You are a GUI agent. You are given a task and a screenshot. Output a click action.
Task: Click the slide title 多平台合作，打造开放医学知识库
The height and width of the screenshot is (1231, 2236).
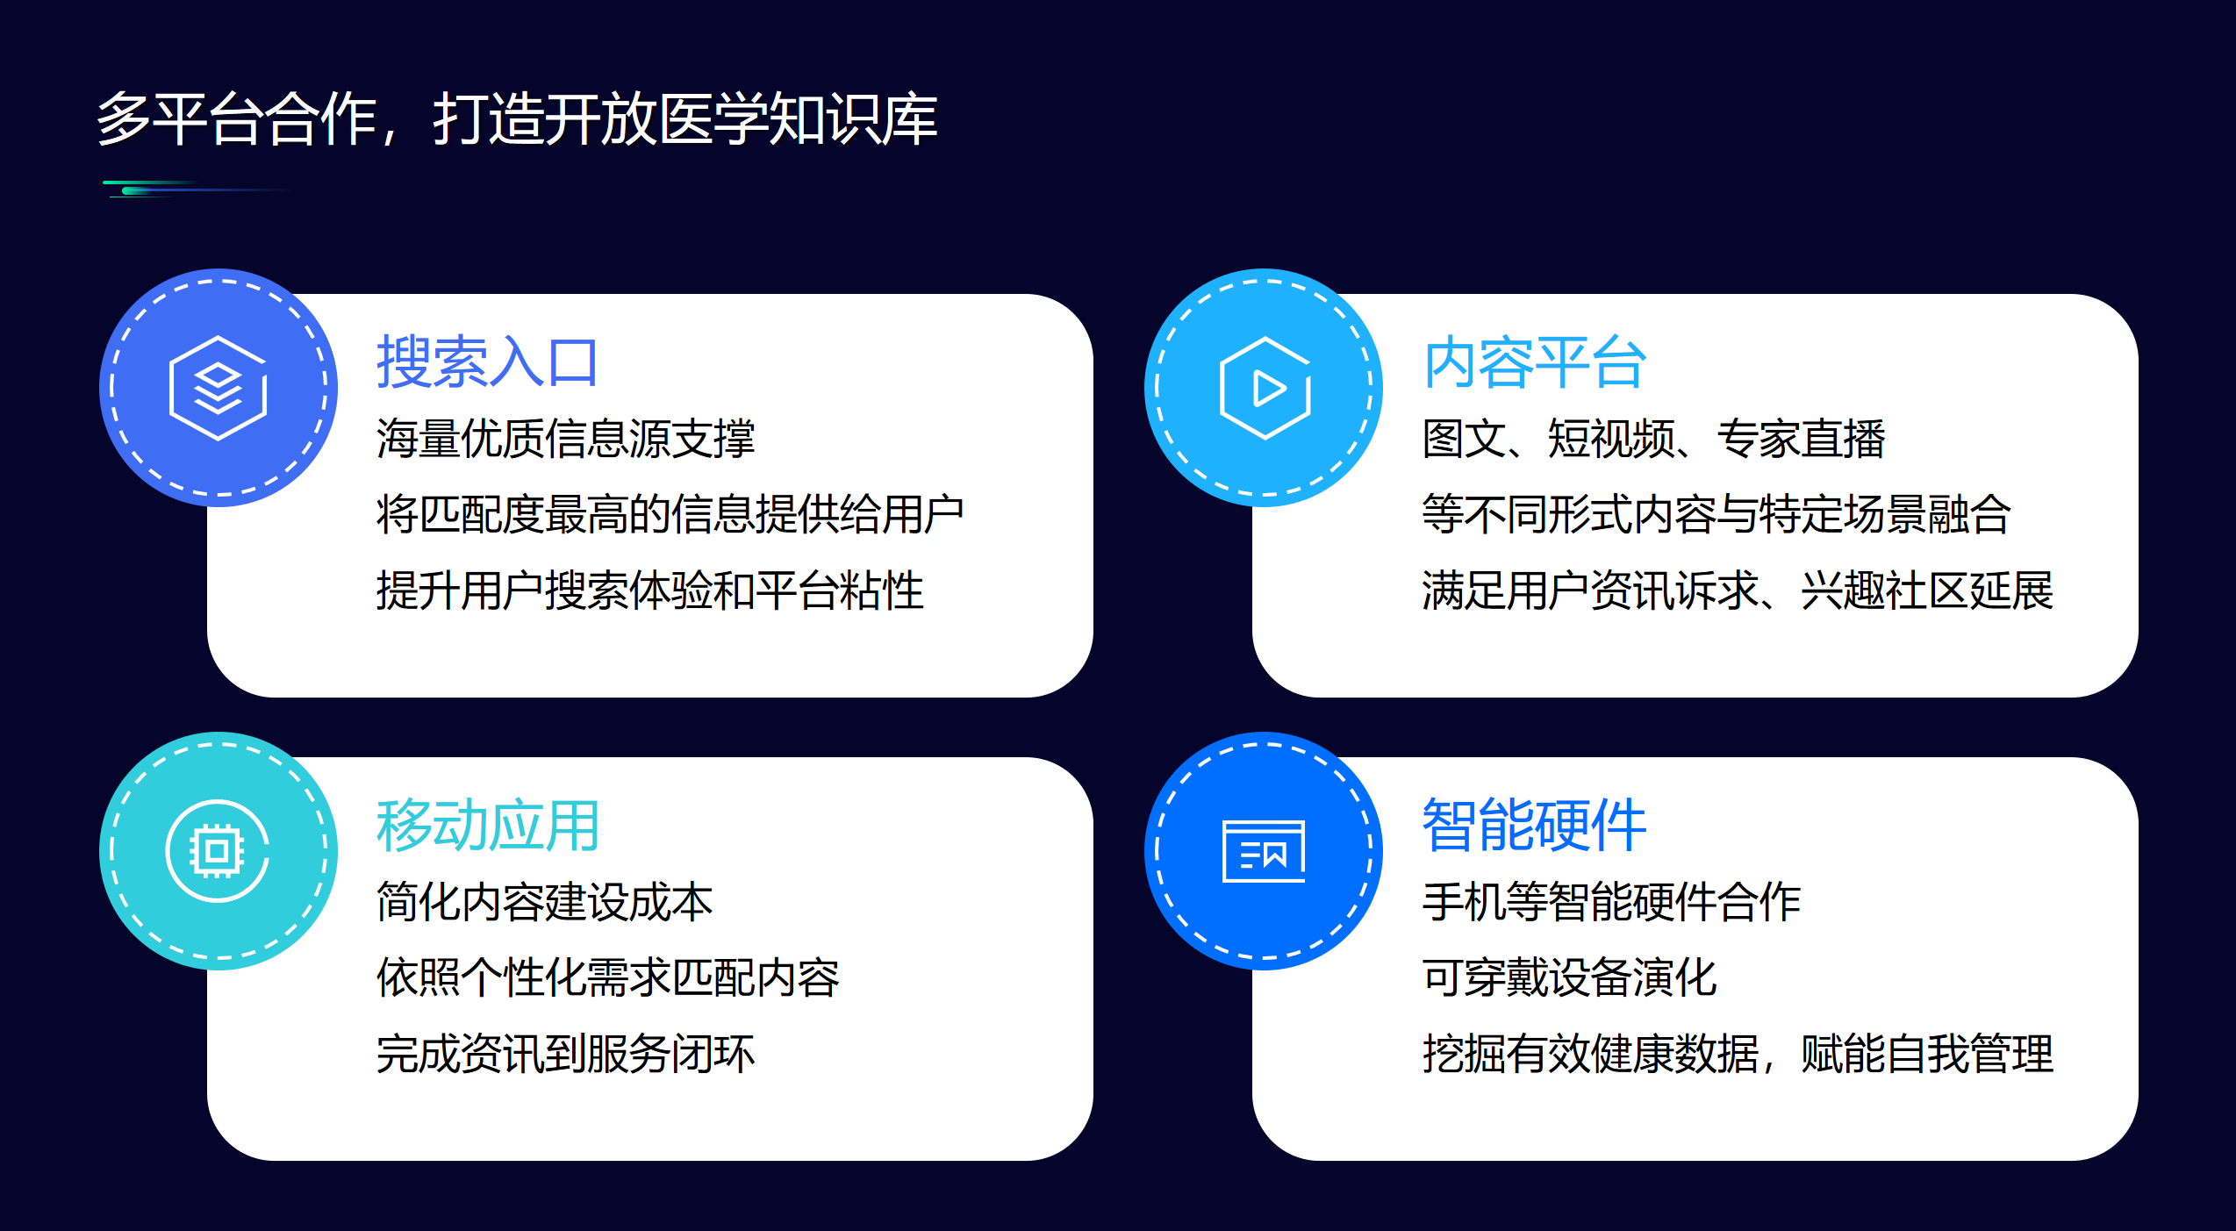tap(517, 118)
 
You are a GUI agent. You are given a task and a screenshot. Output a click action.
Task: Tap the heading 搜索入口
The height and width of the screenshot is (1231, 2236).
tap(487, 361)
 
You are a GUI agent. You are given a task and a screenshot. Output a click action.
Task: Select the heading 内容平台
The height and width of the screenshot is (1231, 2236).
tap(1534, 361)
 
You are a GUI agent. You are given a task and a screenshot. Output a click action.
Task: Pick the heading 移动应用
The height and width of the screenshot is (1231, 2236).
tap(487, 825)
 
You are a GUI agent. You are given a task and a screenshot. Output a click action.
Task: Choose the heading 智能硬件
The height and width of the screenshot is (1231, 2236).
tap(1534, 825)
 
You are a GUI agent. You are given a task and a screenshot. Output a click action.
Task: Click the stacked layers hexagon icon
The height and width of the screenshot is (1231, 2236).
tap(219, 387)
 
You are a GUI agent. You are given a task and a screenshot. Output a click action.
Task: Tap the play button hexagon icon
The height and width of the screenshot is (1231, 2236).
tap(1265, 387)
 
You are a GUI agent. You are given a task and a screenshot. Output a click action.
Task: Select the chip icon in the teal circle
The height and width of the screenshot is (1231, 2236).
tap(218, 850)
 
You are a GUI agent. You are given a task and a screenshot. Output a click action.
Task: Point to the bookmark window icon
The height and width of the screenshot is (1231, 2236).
tap(1264, 851)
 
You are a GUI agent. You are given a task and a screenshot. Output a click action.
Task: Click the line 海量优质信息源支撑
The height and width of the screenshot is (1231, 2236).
tap(565, 439)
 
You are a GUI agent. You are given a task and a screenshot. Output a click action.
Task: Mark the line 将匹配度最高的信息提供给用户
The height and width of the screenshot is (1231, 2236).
tap(670, 514)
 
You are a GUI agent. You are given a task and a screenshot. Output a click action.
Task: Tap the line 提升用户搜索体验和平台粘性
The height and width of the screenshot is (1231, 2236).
tap(649, 590)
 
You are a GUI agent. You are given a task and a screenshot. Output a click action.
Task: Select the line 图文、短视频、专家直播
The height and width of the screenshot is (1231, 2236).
tap(1653, 439)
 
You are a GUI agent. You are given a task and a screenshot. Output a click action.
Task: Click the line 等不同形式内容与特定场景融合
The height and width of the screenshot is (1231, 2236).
tap(1716, 514)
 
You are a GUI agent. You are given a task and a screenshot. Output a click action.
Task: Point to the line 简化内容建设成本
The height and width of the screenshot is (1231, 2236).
tap(544, 902)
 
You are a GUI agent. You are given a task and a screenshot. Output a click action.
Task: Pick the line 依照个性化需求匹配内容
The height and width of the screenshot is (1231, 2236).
tap(607, 977)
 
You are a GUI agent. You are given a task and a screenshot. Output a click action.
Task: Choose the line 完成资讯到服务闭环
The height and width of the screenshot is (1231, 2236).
tap(565, 1053)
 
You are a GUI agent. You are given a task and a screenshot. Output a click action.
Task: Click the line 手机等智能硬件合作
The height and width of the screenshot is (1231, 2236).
tap(1611, 902)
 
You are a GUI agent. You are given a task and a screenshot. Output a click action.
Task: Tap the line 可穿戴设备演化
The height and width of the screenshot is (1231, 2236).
tap(1569, 977)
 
